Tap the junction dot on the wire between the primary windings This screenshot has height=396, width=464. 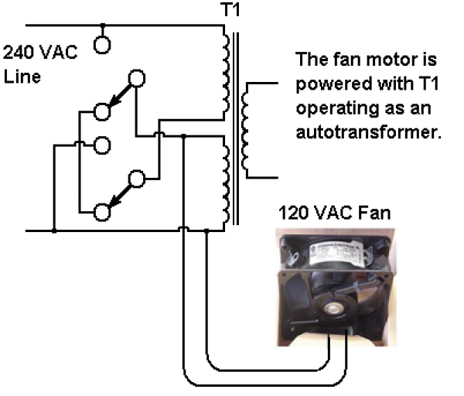(x=183, y=136)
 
